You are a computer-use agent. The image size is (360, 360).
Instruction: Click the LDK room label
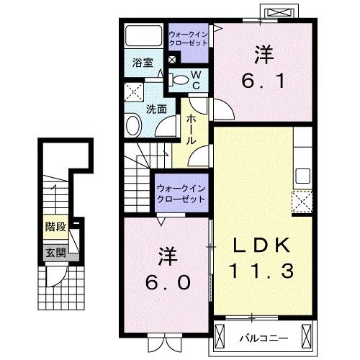tap(261, 246)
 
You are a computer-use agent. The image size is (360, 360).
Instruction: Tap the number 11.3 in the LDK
tap(261, 272)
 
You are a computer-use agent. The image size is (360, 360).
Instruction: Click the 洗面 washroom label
tap(157, 109)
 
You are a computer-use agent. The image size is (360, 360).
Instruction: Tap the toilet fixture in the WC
tap(180, 78)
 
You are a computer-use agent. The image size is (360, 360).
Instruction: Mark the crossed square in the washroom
tap(132, 91)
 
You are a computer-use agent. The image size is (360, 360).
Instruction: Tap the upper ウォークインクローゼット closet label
tap(189, 38)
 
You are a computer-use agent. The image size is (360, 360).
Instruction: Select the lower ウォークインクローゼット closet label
tap(181, 193)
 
